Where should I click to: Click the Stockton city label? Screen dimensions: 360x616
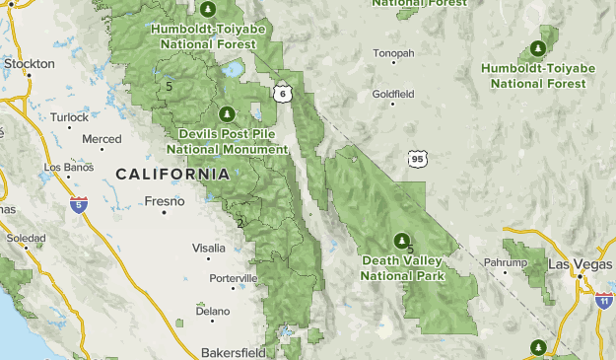click(29, 63)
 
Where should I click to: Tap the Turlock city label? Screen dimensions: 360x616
click(70, 116)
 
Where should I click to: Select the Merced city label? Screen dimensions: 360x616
click(102, 139)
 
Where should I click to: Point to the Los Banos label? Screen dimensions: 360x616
click(67, 166)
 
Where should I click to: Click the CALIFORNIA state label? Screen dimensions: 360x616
click(172, 174)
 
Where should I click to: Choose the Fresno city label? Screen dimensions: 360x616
click(165, 201)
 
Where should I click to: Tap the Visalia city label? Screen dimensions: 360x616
click(209, 248)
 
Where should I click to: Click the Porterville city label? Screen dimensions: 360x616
click(233, 278)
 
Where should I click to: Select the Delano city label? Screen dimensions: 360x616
click(212, 311)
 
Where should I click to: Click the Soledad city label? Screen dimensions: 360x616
click(26, 239)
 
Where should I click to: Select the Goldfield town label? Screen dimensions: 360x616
click(393, 94)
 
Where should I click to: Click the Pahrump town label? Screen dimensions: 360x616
click(506, 263)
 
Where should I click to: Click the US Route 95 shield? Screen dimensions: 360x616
click(417, 158)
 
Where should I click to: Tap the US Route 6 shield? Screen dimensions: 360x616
click(283, 93)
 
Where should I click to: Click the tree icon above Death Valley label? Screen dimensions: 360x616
click(401, 240)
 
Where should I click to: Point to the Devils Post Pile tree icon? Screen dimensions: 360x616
click(228, 113)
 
